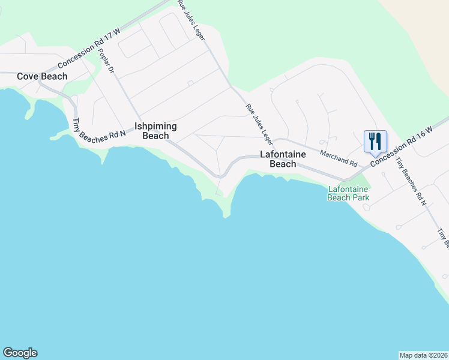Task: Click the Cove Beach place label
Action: [x=42, y=76]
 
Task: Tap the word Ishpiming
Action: [x=155, y=127]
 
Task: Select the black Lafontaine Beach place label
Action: [x=282, y=159]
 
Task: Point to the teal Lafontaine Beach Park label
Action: [x=348, y=193]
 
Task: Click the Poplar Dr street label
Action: [x=106, y=61]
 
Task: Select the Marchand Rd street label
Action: [x=339, y=158]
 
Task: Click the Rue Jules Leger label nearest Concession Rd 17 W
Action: [x=191, y=20]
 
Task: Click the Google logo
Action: [x=20, y=353]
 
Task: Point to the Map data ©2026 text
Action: [x=424, y=355]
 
